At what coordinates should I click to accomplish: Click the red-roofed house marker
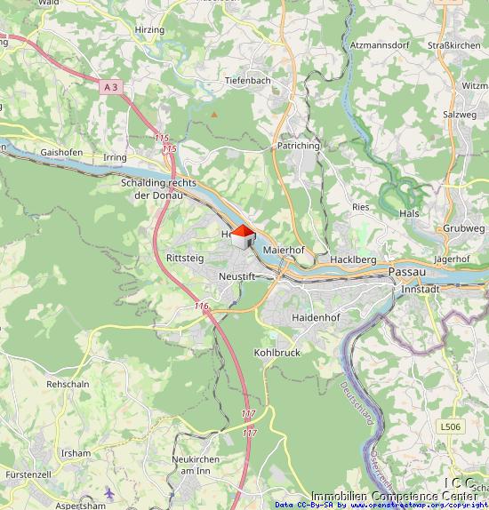(x=242, y=237)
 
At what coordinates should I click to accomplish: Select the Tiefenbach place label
(x=248, y=80)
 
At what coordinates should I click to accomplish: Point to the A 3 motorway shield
(x=110, y=87)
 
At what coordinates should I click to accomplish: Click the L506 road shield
(x=451, y=426)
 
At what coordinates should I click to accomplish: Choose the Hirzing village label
(x=149, y=30)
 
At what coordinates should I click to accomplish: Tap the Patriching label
(x=298, y=146)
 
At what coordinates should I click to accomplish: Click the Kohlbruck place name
(x=277, y=353)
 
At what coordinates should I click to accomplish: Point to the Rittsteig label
(x=184, y=258)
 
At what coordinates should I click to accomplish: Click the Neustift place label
(x=236, y=277)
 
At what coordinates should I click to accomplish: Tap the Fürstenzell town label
(x=24, y=475)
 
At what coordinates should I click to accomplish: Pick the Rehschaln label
(x=68, y=385)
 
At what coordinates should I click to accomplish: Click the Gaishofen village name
(x=61, y=152)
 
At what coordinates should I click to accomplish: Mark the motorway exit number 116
(x=202, y=306)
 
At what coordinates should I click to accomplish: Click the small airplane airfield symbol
(x=108, y=492)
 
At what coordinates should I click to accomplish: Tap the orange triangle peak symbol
(x=213, y=115)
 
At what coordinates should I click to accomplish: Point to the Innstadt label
(x=420, y=290)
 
